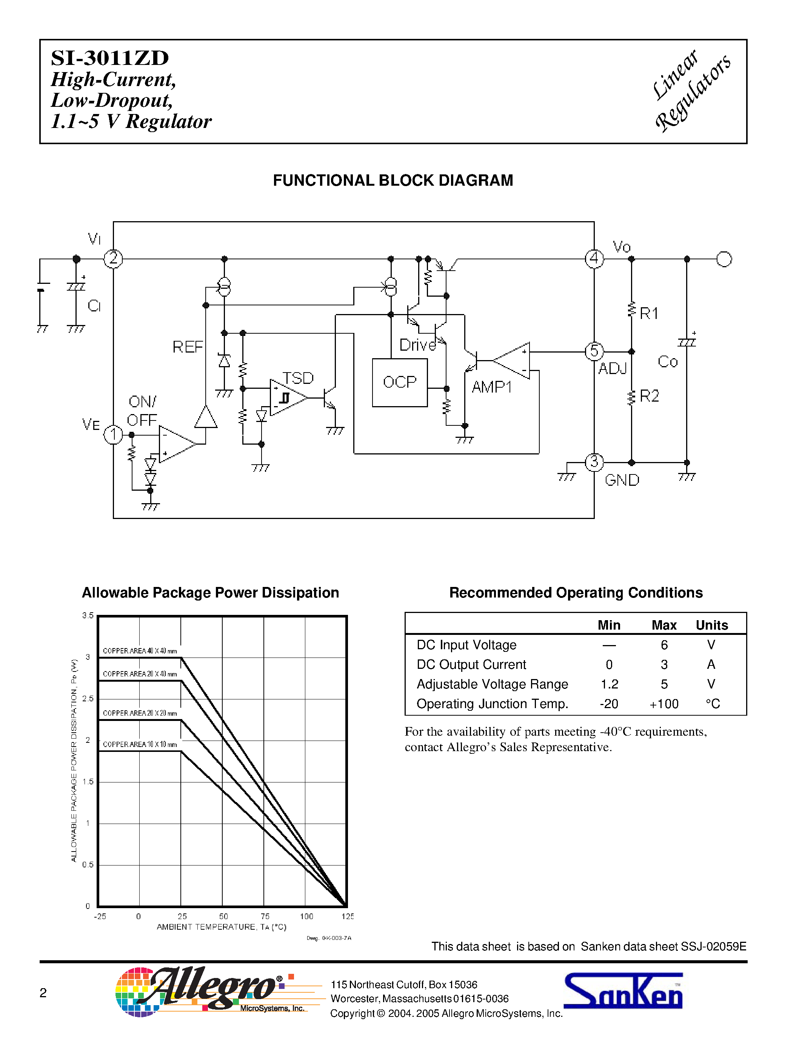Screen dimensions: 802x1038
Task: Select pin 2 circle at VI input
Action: (x=113, y=259)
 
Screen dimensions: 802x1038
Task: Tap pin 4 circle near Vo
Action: (x=594, y=259)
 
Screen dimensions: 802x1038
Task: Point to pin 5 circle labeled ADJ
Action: (x=594, y=352)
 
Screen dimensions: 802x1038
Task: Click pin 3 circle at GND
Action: (x=594, y=462)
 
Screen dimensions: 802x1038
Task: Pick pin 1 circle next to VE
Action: (x=113, y=434)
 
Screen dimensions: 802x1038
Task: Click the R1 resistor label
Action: (x=649, y=314)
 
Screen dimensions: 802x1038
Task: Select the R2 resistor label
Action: (x=650, y=396)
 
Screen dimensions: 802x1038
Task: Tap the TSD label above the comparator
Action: (x=298, y=378)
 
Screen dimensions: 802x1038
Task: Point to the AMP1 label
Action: (x=492, y=387)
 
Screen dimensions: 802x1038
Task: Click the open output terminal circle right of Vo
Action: (x=724, y=259)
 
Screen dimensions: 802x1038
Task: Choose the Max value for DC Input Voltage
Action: (x=664, y=645)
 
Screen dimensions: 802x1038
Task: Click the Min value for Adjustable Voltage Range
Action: (x=610, y=684)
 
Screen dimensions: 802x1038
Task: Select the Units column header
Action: (x=712, y=625)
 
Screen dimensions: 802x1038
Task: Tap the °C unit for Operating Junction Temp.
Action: (x=713, y=704)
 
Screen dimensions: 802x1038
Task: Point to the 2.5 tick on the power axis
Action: (x=88, y=699)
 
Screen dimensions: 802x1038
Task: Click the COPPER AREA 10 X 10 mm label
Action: (x=140, y=744)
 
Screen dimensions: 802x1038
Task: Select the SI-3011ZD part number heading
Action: (x=110, y=58)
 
